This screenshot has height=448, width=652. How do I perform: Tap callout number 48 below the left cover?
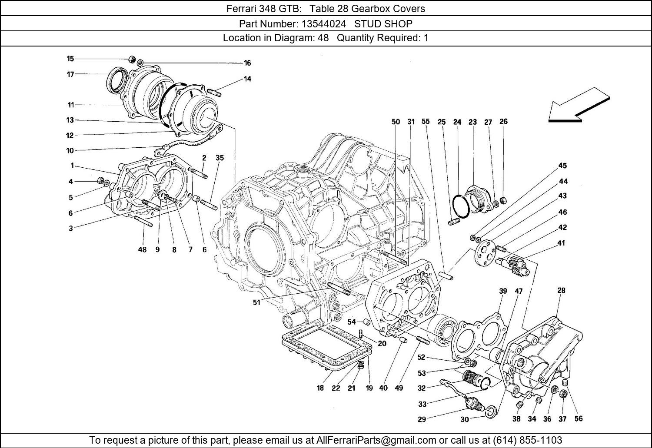142,250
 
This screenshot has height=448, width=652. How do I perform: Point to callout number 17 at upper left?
70,74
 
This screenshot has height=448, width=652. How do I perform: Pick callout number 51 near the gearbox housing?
256,302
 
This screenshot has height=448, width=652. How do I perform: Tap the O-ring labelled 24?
460,206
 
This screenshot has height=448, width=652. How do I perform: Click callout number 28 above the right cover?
561,290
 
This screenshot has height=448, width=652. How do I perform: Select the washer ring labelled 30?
490,411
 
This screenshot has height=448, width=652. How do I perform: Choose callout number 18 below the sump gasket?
320,388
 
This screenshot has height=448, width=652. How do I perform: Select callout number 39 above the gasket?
503,291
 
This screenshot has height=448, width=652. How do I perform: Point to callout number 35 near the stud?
220,158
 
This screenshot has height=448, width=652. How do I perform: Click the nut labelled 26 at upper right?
502,200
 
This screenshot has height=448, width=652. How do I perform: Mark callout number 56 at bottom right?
578,419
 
